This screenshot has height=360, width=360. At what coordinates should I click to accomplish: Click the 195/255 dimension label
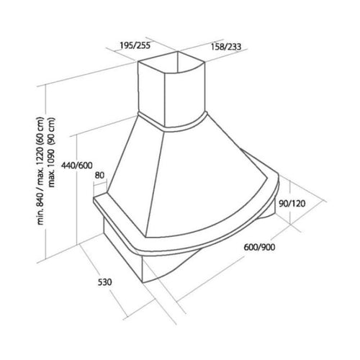[x=135, y=45]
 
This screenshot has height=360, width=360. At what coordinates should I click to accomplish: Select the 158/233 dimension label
[x=225, y=47]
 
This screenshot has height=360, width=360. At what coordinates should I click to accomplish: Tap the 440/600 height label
[x=77, y=166]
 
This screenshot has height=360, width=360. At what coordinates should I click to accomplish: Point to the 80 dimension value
[x=99, y=175]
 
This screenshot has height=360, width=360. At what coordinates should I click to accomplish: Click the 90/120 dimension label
[x=292, y=204]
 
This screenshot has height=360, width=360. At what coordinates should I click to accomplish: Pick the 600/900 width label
[x=259, y=247]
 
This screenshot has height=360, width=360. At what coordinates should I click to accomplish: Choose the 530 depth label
[x=105, y=282]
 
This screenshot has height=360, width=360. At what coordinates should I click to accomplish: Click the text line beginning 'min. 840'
[x=40, y=171]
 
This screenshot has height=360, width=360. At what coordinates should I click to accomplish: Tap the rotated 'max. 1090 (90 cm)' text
[x=52, y=153]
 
